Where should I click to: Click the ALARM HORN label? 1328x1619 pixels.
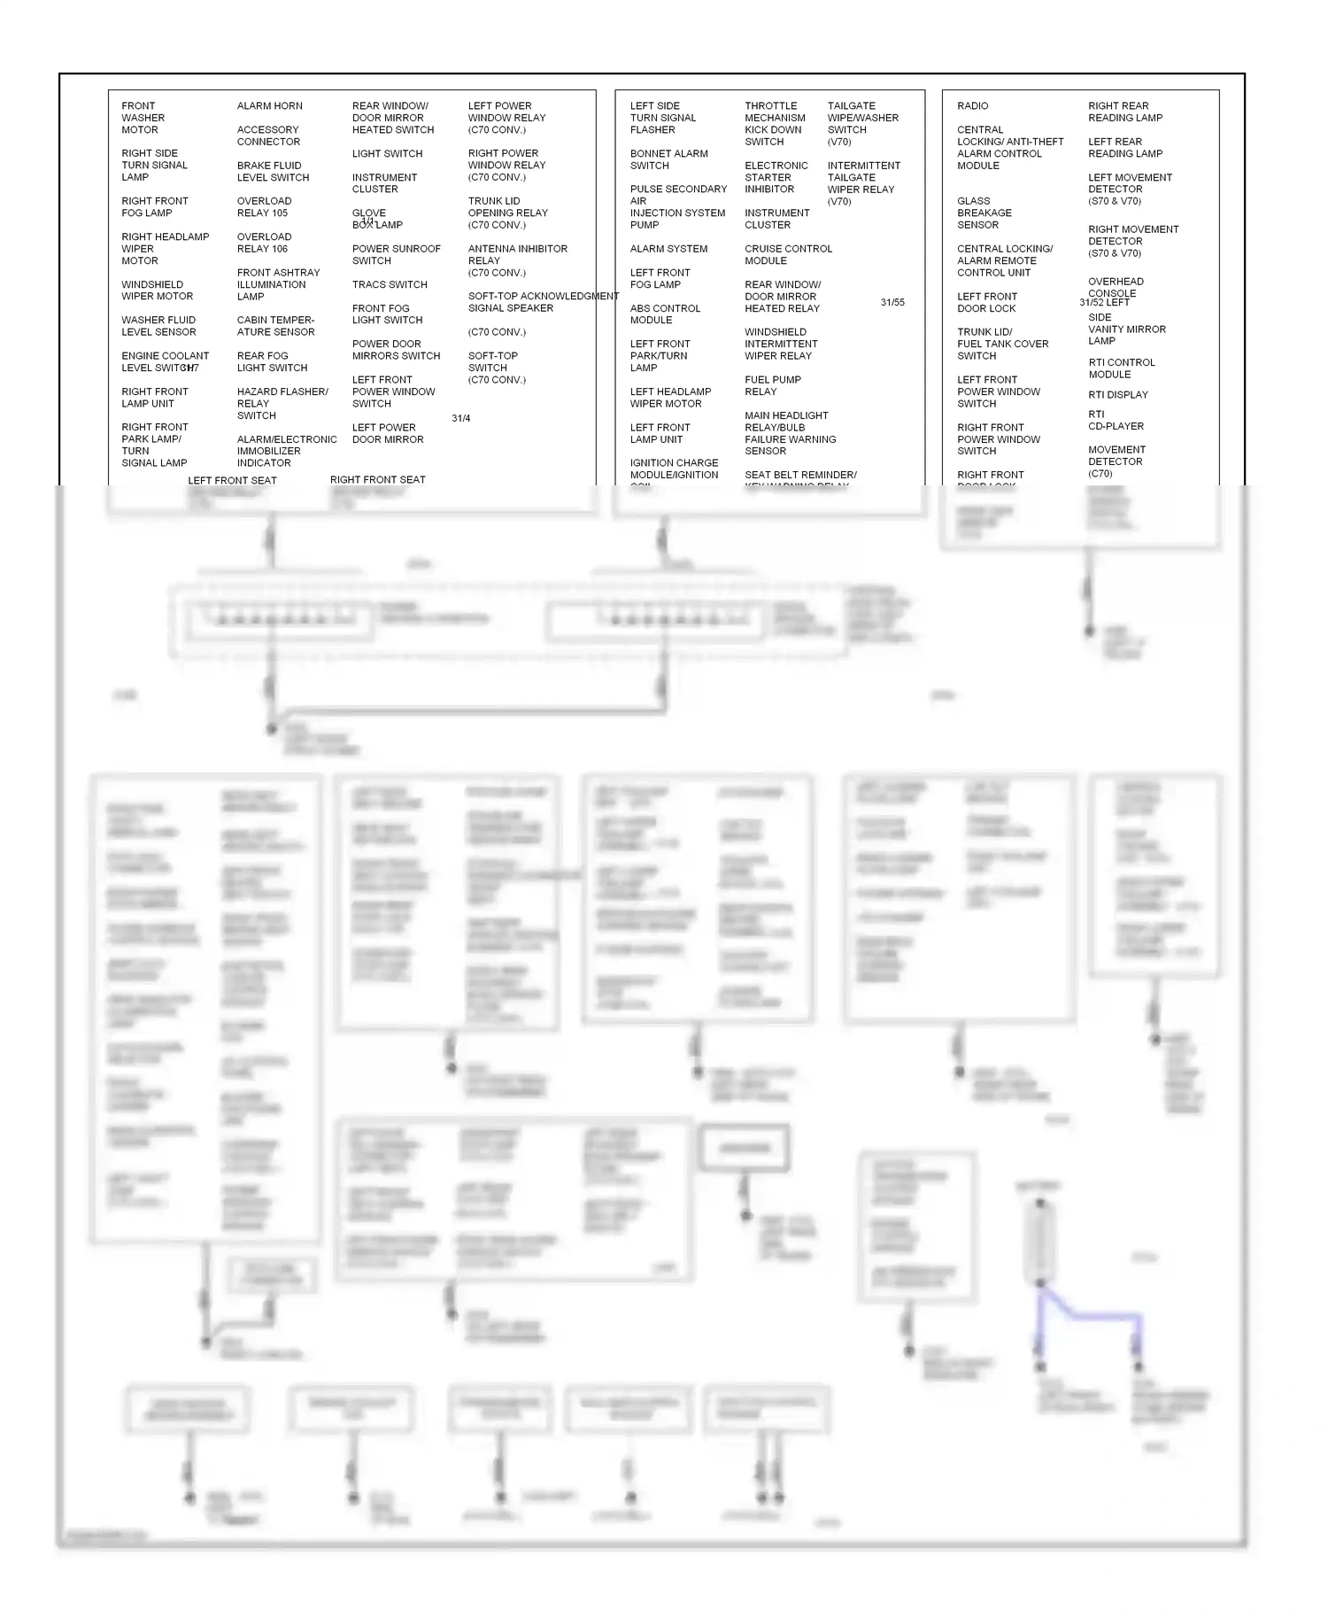[x=269, y=106]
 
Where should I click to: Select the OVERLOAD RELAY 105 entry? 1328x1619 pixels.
[x=263, y=207]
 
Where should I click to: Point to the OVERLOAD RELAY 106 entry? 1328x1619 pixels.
[x=263, y=243]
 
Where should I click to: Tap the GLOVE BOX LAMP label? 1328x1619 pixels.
[x=376, y=219]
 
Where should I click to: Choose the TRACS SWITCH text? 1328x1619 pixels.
[x=390, y=285]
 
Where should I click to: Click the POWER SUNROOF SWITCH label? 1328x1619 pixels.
[x=396, y=255]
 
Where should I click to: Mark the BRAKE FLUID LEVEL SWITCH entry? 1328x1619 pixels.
[x=273, y=172]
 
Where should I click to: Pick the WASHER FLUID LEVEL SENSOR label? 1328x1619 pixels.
[x=158, y=326]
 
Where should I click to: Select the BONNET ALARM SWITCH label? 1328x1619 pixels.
[x=668, y=159]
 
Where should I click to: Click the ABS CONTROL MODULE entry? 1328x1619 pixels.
[x=665, y=314]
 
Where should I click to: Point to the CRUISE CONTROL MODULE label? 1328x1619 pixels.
[x=788, y=255]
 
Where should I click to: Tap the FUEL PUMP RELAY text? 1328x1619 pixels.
[x=772, y=385]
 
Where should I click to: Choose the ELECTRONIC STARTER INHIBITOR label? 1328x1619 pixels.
[x=776, y=177]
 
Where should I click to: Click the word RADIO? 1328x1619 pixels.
[x=972, y=106]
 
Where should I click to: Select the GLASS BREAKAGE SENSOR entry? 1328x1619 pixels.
[x=984, y=213]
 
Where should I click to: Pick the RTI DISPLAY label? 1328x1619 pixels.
[x=1117, y=395]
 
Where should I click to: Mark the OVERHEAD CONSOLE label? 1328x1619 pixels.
[x=1116, y=287]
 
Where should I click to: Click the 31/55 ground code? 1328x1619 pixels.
[x=892, y=303]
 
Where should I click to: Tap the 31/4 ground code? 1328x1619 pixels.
[x=460, y=419]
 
